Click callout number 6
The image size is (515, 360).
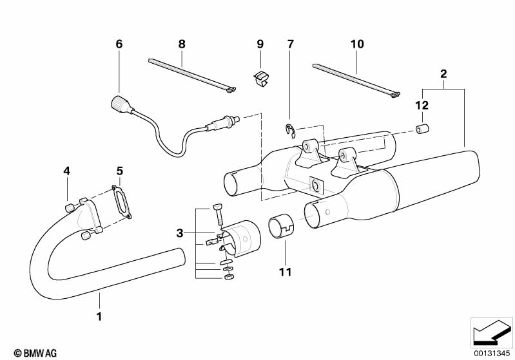(x=119, y=44)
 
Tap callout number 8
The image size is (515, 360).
(x=182, y=44)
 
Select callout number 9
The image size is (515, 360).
(x=260, y=44)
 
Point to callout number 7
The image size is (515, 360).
(x=290, y=44)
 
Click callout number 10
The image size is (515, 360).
(x=357, y=44)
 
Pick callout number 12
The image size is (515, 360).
(x=422, y=105)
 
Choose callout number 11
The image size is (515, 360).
(x=284, y=272)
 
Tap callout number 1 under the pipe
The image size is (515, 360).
(x=99, y=316)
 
